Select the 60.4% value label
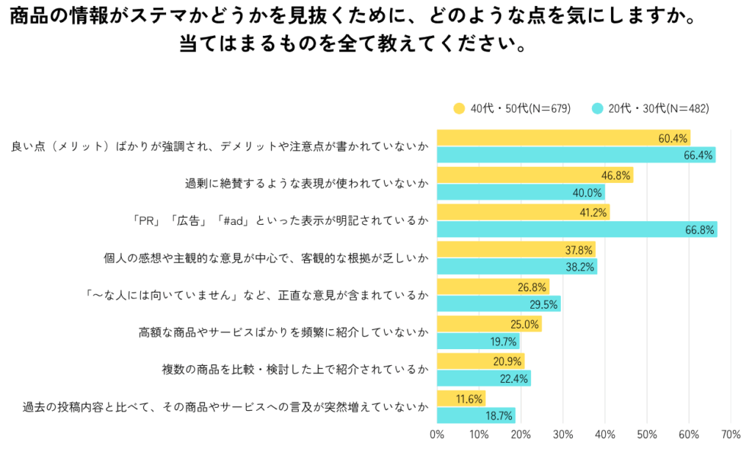pos(673,138)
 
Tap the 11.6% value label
pos(468,399)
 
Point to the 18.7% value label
pos(499,415)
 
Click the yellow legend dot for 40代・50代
pos(460,109)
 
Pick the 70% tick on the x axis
pos(731,434)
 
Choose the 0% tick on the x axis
pos(437,434)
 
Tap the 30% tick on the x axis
pos(563,434)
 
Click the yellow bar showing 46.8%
pos(535,175)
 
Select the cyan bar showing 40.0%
pos(521,192)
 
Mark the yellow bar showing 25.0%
pos(489,324)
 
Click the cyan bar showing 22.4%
pos(484,378)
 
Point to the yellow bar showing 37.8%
pos(516,250)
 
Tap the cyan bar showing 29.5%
pos(499,303)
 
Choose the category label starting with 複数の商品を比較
pos(294,370)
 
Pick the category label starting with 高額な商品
pos(283,332)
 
